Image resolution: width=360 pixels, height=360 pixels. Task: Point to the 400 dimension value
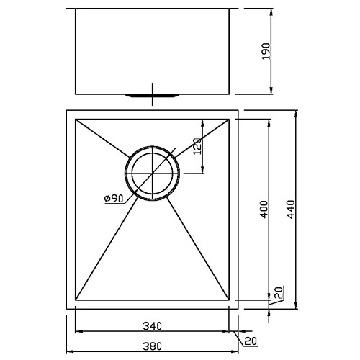click(x=264, y=209)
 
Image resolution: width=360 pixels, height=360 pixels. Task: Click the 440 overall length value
click(x=292, y=209)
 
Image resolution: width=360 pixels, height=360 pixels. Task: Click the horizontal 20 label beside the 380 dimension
click(x=250, y=342)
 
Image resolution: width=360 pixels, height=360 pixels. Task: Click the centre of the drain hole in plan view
click(x=153, y=174)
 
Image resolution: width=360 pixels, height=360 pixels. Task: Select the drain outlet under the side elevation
click(x=153, y=94)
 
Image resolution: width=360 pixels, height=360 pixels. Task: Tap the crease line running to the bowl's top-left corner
click(x=101, y=137)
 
